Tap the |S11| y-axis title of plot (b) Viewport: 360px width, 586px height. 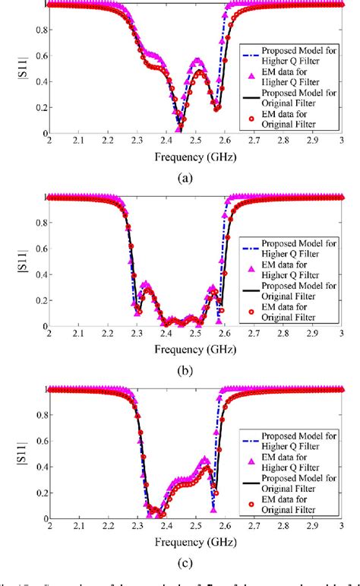(x=10, y=261)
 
